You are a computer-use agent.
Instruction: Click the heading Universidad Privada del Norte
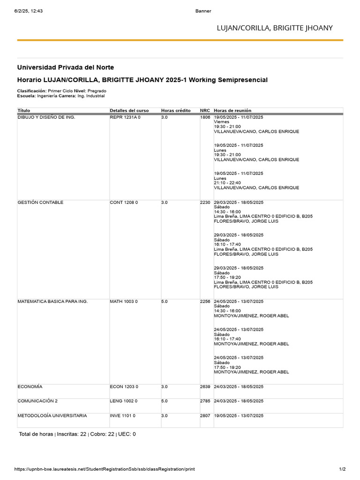[65, 67]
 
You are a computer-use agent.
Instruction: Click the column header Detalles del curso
[129, 110]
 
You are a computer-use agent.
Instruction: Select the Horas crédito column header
[176, 110]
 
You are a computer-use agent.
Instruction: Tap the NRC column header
[205, 110]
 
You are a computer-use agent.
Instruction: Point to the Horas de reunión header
[233, 110]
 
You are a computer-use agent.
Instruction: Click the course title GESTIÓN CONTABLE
[40, 202]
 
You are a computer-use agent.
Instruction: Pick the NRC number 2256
[205, 301]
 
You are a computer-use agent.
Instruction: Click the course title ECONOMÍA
[30, 387]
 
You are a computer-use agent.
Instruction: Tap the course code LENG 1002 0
[124, 401]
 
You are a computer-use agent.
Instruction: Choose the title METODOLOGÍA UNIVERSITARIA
[52, 416]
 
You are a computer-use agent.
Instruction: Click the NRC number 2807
[205, 416]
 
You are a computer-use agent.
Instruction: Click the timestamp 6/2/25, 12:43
[29, 11]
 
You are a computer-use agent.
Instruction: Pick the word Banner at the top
[203, 11]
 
